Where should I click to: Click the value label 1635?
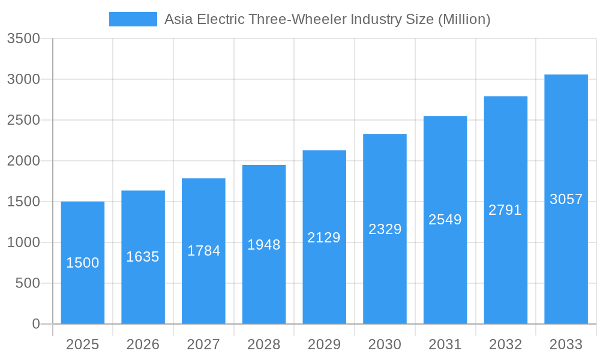[x=143, y=257]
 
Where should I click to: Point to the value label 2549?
[x=445, y=220]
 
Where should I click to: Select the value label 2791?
[x=505, y=210]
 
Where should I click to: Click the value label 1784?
[x=203, y=251]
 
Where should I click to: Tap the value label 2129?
[x=324, y=238]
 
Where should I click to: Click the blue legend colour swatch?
[x=133, y=19]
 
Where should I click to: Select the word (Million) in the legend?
[x=464, y=19]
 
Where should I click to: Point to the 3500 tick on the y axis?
[x=23, y=38]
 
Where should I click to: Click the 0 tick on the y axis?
[x=35, y=324]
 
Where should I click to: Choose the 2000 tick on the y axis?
[x=23, y=161]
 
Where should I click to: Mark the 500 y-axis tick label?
[x=27, y=283]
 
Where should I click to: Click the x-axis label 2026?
[x=143, y=344]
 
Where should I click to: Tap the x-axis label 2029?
[x=324, y=344]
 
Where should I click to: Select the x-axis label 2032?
[x=505, y=344]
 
